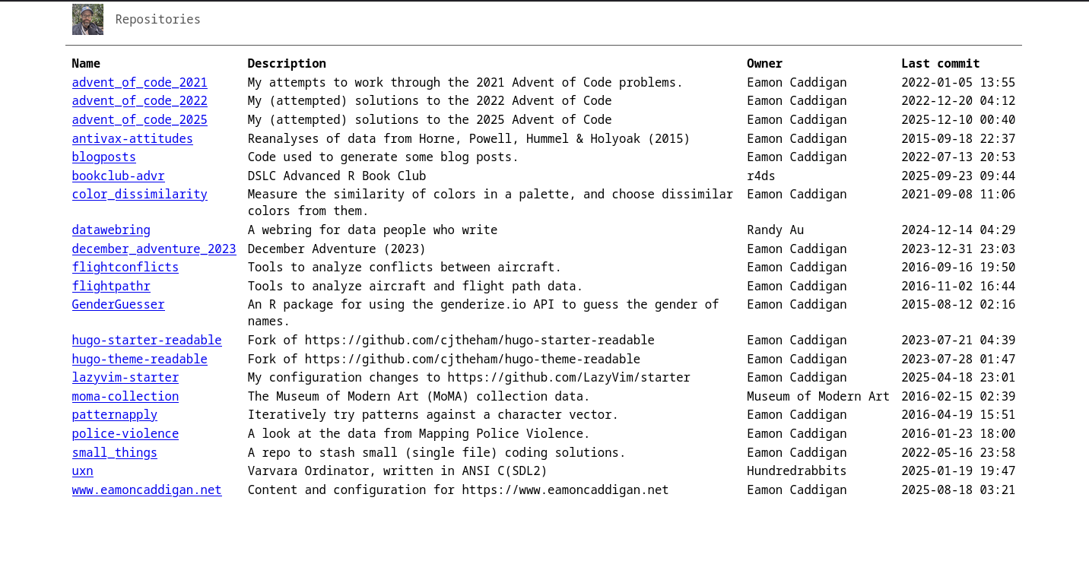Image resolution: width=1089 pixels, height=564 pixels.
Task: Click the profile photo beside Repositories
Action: tap(87, 20)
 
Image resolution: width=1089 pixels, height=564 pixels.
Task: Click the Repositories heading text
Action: tap(157, 20)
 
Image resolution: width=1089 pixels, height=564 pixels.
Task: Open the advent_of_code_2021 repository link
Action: tap(139, 83)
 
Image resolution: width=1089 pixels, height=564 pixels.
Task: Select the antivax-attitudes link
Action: tap(132, 139)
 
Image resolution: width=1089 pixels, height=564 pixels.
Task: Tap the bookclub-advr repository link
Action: tap(118, 176)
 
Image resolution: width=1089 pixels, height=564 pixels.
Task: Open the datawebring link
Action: tap(111, 230)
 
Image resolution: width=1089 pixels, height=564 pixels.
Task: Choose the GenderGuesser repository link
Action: tap(118, 305)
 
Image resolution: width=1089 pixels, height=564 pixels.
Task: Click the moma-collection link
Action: tap(125, 397)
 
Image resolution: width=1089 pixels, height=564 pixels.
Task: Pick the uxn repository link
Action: tap(82, 471)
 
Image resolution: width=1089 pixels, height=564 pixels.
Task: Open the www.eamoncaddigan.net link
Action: tap(147, 490)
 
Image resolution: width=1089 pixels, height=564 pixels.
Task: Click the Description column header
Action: tap(287, 64)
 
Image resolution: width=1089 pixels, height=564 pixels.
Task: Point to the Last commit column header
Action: tap(940, 64)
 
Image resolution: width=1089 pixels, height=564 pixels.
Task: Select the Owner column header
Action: tap(764, 64)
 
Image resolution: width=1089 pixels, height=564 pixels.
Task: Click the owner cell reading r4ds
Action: tap(760, 176)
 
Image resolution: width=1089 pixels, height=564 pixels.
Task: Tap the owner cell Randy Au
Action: tap(775, 230)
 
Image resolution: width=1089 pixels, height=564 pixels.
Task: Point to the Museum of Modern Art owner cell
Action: tap(818, 397)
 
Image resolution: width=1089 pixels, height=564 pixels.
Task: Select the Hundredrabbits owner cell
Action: tap(796, 471)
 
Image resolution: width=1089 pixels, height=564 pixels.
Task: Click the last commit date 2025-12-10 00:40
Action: tap(958, 120)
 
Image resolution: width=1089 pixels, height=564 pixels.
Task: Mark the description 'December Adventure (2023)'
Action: tap(336, 249)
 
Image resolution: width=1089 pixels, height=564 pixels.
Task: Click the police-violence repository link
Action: tap(125, 434)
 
